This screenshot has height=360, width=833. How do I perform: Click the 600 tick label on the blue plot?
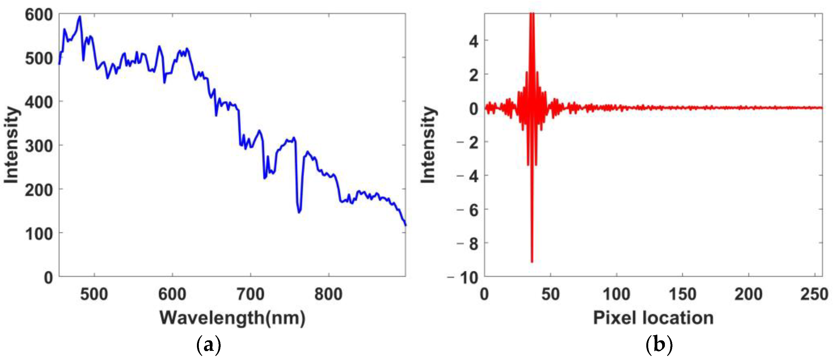point(39,15)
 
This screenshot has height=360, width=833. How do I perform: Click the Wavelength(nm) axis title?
point(232,318)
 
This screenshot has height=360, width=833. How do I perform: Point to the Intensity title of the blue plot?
point(11,145)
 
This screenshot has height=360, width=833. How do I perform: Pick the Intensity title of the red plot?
point(428,145)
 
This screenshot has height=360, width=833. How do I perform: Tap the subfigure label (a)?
point(209,345)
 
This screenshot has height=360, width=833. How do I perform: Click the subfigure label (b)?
point(659,345)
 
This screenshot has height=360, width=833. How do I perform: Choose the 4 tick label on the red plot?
point(474,42)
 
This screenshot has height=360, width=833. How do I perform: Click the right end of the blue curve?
point(405,225)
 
